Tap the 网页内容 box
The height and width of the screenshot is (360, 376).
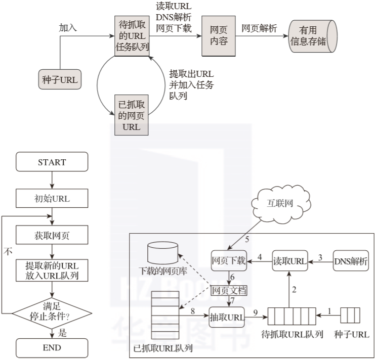click(219, 35)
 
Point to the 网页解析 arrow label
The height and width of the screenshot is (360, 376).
click(259, 28)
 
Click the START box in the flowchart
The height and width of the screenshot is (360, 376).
click(52, 162)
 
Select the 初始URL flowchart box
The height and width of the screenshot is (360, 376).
click(52, 199)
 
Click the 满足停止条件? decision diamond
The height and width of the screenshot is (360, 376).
click(52, 309)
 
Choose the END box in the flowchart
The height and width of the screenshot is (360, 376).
click(52, 347)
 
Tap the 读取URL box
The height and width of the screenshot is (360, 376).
click(290, 261)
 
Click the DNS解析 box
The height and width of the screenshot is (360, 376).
click(351, 261)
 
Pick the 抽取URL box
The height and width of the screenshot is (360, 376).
click(227, 317)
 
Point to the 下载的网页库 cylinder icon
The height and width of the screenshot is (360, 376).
click(163, 253)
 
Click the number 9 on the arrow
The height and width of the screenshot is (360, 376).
click(256, 312)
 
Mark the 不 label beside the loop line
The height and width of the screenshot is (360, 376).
click(8, 251)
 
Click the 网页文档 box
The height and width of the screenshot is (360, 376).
click(229, 290)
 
